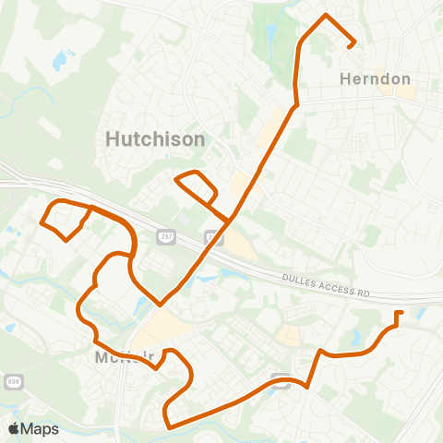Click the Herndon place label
coord(375,79)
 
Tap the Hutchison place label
coord(154,139)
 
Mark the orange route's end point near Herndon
coord(354,43)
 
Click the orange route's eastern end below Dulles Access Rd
coord(398,314)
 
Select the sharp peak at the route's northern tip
coord(324,16)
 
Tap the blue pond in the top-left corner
coord(61,61)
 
